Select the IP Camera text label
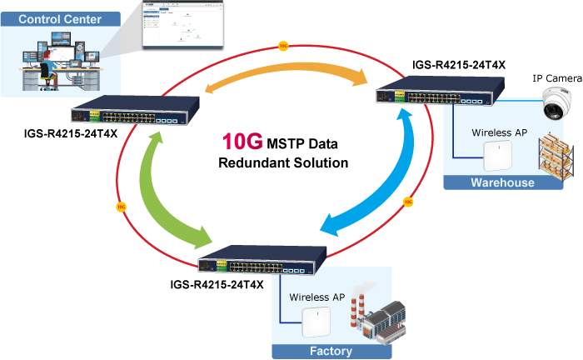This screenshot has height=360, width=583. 556,78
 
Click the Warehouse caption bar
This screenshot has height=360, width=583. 502,182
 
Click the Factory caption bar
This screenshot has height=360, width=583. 331,351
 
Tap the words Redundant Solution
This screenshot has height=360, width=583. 283,162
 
